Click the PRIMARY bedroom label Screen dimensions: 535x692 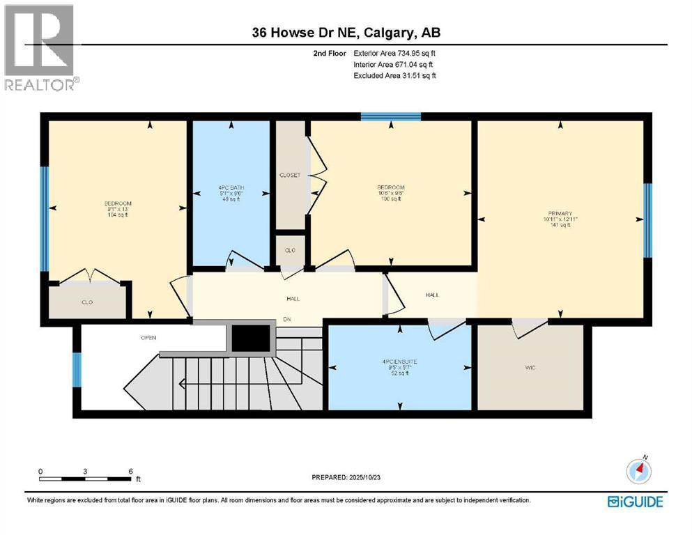click(x=560, y=214)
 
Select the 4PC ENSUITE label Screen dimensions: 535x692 click(x=399, y=362)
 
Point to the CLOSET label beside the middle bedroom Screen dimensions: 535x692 click(x=289, y=175)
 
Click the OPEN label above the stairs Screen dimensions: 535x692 click(x=148, y=338)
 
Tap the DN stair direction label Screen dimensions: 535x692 click(x=286, y=320)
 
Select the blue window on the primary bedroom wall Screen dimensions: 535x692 click(x=647, y=220)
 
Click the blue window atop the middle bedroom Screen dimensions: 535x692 click(x=390, y=116)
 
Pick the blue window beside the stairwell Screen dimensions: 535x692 click(x=77, y=369)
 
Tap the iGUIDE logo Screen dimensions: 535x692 click(x=635, y=501)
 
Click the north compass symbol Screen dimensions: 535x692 click(x=638, y=472)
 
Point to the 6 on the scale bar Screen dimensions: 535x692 click(x=130, y=472)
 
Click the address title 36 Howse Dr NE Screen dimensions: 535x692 click(x=346, y=33)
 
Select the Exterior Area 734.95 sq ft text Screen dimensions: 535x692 click(x=395, y=53)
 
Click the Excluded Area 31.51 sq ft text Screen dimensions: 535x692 click(x=395, y=75)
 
